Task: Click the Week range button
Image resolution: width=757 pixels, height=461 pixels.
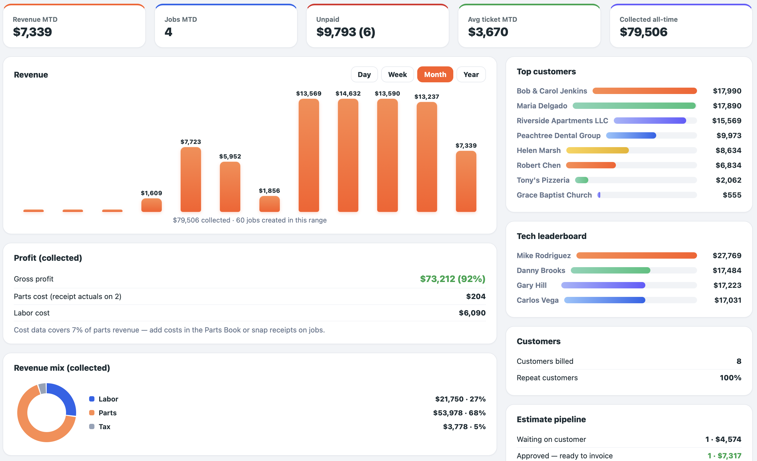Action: click(397, 74)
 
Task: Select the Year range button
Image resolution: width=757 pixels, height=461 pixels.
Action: click(471, 74)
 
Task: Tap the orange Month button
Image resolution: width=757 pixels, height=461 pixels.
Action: click(435, 74)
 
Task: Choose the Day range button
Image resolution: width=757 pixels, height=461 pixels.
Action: click(364, 74)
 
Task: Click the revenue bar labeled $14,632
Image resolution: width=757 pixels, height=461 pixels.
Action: click(348, 155)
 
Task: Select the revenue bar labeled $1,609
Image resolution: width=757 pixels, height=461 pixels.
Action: click(151, 205)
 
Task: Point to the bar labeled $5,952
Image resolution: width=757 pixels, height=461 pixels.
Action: click(230, 187)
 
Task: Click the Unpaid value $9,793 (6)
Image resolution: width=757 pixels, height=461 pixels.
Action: click(346, 32)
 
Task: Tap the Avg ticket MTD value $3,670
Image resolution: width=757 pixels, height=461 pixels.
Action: click(488, 32)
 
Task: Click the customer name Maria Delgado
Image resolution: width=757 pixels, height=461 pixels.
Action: click(542, 106)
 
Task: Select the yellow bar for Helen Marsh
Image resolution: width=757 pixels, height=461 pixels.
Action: click(598, 150)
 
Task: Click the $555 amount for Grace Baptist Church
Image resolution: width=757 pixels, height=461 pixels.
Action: click(732, 195)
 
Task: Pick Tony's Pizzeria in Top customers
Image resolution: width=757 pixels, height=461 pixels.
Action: click(543, 180)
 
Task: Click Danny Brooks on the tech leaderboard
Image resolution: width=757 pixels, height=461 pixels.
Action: click(541, 270)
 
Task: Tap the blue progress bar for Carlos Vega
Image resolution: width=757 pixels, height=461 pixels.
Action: click(604, 300)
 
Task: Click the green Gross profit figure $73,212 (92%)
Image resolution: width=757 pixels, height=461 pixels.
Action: click(453, 279)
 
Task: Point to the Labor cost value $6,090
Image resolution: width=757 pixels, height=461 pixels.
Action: click(472, 313)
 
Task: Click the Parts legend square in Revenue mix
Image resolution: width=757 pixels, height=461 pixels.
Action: click(92, 413)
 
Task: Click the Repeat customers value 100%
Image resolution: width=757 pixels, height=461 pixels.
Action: click(730, 378)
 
